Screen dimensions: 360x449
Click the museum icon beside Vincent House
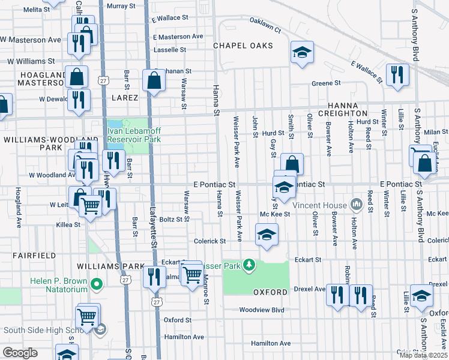(357, 205)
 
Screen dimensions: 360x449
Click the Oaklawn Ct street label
(265, 27)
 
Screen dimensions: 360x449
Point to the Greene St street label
(326, 83)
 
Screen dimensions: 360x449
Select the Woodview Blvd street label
(261, 310)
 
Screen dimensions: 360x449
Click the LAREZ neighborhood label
(124, 97)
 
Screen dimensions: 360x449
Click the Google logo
(20, 353)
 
